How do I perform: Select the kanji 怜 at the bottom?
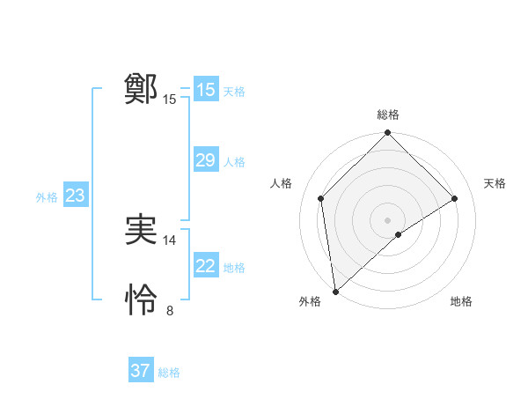141,300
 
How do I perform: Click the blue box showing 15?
205,90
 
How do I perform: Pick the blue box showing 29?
205,160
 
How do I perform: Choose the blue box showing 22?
205,266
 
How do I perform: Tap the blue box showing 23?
75,196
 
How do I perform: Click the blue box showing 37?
141,371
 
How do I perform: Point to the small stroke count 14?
170,240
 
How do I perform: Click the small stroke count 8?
170,310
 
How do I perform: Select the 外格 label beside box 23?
47,197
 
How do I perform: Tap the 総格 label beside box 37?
169,373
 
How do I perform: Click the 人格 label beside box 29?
234,162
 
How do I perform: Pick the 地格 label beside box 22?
234,268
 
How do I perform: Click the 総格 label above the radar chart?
388,115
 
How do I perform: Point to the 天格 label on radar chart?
495,183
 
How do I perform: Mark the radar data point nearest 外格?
335,291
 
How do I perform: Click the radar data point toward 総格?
388,134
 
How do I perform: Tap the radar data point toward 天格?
455,198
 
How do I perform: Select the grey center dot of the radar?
388,219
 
